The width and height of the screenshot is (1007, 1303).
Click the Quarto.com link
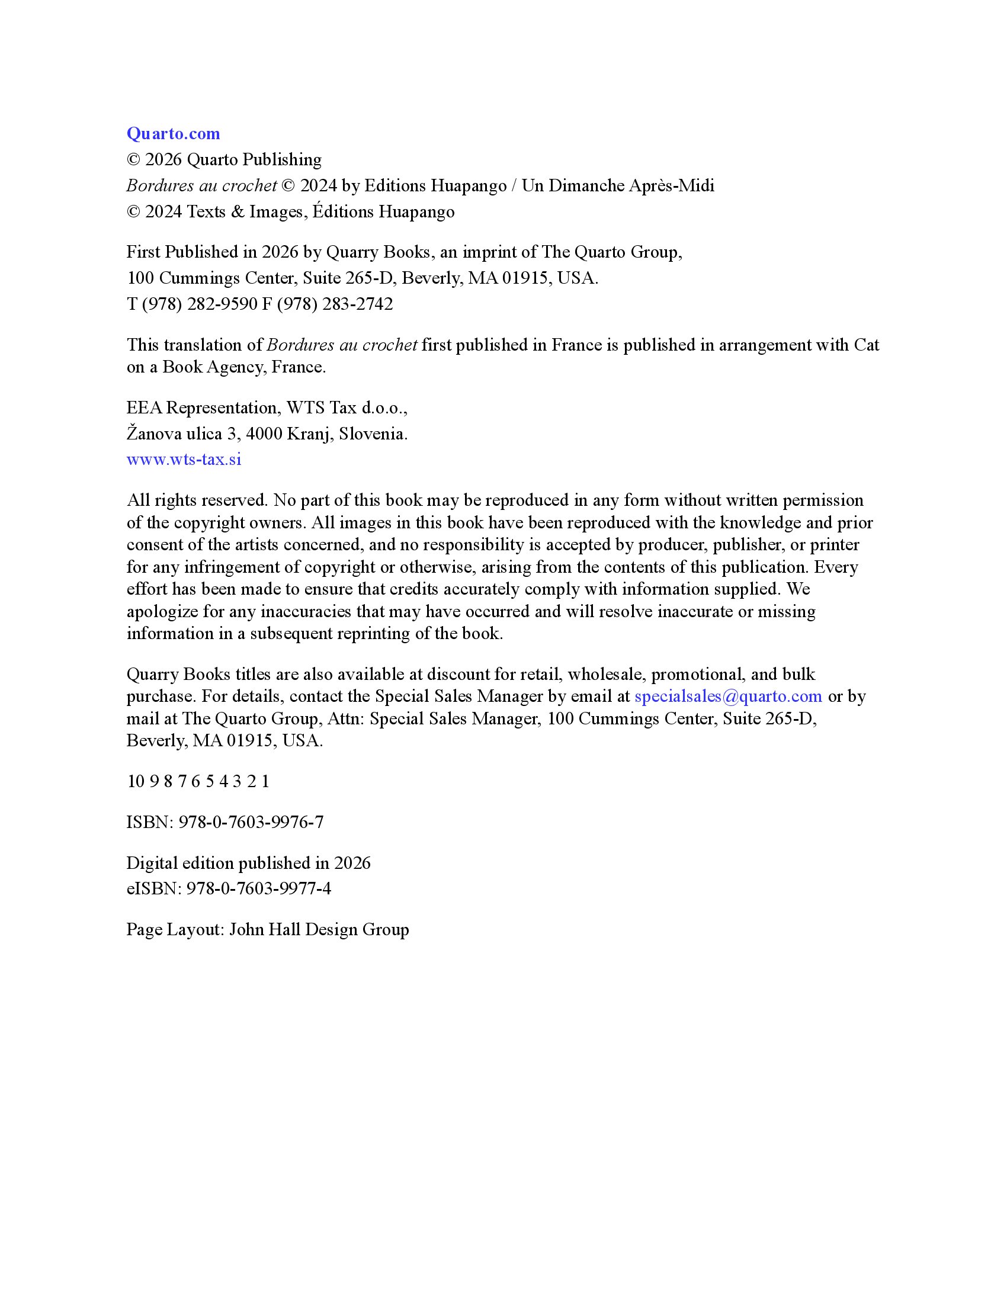click(173, 134)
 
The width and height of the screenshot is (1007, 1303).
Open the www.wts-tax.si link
click(184, 460)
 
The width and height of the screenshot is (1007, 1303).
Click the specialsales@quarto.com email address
click(728, 697)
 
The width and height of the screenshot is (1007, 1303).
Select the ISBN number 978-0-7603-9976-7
click(251, 822)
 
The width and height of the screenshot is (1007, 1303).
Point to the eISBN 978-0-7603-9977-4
click(258, 889)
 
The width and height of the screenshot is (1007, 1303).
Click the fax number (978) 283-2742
click(335, 304)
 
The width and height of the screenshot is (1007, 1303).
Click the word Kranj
click(310, 434)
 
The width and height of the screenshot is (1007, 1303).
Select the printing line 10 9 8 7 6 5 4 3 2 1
click(198, 782)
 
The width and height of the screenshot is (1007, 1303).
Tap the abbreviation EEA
click(144, 408)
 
